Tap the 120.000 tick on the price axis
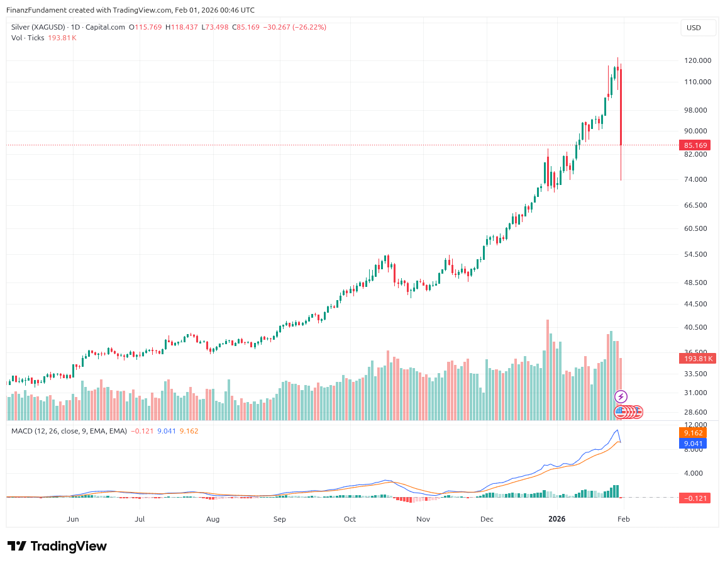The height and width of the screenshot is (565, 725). pos(697,60)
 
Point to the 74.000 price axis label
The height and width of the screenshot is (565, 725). pos(697,180)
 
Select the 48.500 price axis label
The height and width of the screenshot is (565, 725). pos(697,282)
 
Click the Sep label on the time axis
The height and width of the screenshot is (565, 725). pos(280,519)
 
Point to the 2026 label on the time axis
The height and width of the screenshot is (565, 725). pos(557,519)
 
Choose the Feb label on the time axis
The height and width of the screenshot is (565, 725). pos(623,519)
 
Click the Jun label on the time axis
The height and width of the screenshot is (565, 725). pos(73,519)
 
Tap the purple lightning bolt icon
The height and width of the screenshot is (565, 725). pos(621,396)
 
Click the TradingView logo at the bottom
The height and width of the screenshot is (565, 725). pos(57,546)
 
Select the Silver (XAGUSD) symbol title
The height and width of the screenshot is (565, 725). pos(37,27)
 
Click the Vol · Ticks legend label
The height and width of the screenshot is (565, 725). pos(27,38)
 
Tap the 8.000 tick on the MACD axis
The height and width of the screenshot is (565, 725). pos(694,449)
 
